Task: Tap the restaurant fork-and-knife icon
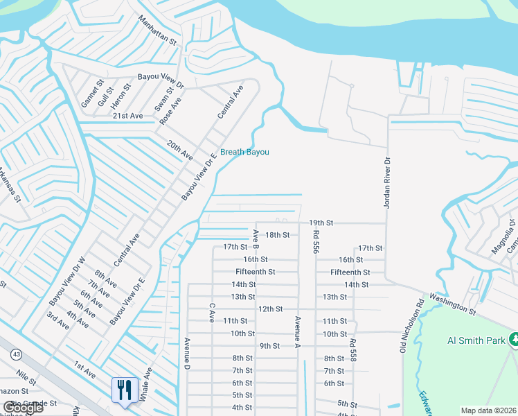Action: (125, 389)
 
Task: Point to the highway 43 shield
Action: (15, 355)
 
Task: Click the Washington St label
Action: (453, 303)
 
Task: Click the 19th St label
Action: (321, 223)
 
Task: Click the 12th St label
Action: (270, 309)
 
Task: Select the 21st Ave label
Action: (127, 116)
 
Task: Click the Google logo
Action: (22, 408)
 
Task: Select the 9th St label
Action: (270, 346)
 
